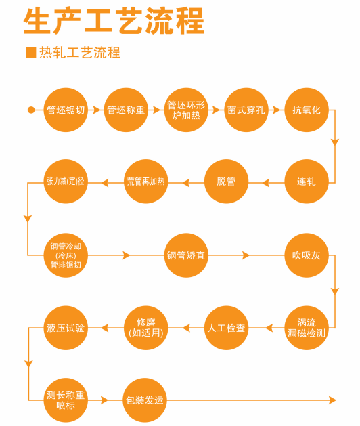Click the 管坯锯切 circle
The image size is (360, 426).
click(x=66, y=110)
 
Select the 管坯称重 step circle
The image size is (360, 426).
click(x=126, y=110)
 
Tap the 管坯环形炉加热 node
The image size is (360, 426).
click(x=186, y=110)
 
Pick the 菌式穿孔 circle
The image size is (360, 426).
click(x=246, y=110)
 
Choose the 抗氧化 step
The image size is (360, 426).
click(x=307, y=110)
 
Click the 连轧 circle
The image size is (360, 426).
click(x=307, y=182)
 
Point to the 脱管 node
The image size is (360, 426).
click(x=226, y=182)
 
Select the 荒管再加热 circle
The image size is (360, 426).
click(x=146, y=182)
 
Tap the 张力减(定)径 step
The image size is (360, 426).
click(x=66, y=182)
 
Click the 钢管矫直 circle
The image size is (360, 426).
click(x=186, y=255)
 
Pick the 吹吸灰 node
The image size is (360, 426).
click(x=307, y=255)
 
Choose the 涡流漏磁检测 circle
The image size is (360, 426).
click(x=307, y=328)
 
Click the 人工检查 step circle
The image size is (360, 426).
click(x=226, y=328)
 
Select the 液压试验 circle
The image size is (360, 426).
click(x=66, y=328)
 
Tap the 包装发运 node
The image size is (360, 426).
click(x=145, y=400)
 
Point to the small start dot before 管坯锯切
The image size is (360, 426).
click(x=31, y=110)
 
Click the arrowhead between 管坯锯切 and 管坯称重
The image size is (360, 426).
click(x=96, y=110)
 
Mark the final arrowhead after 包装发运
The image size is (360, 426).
click(x=332, y=400)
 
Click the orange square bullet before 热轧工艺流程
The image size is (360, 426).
click(x=30, y=52)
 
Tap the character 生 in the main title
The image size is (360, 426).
click(x=37, y=21)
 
